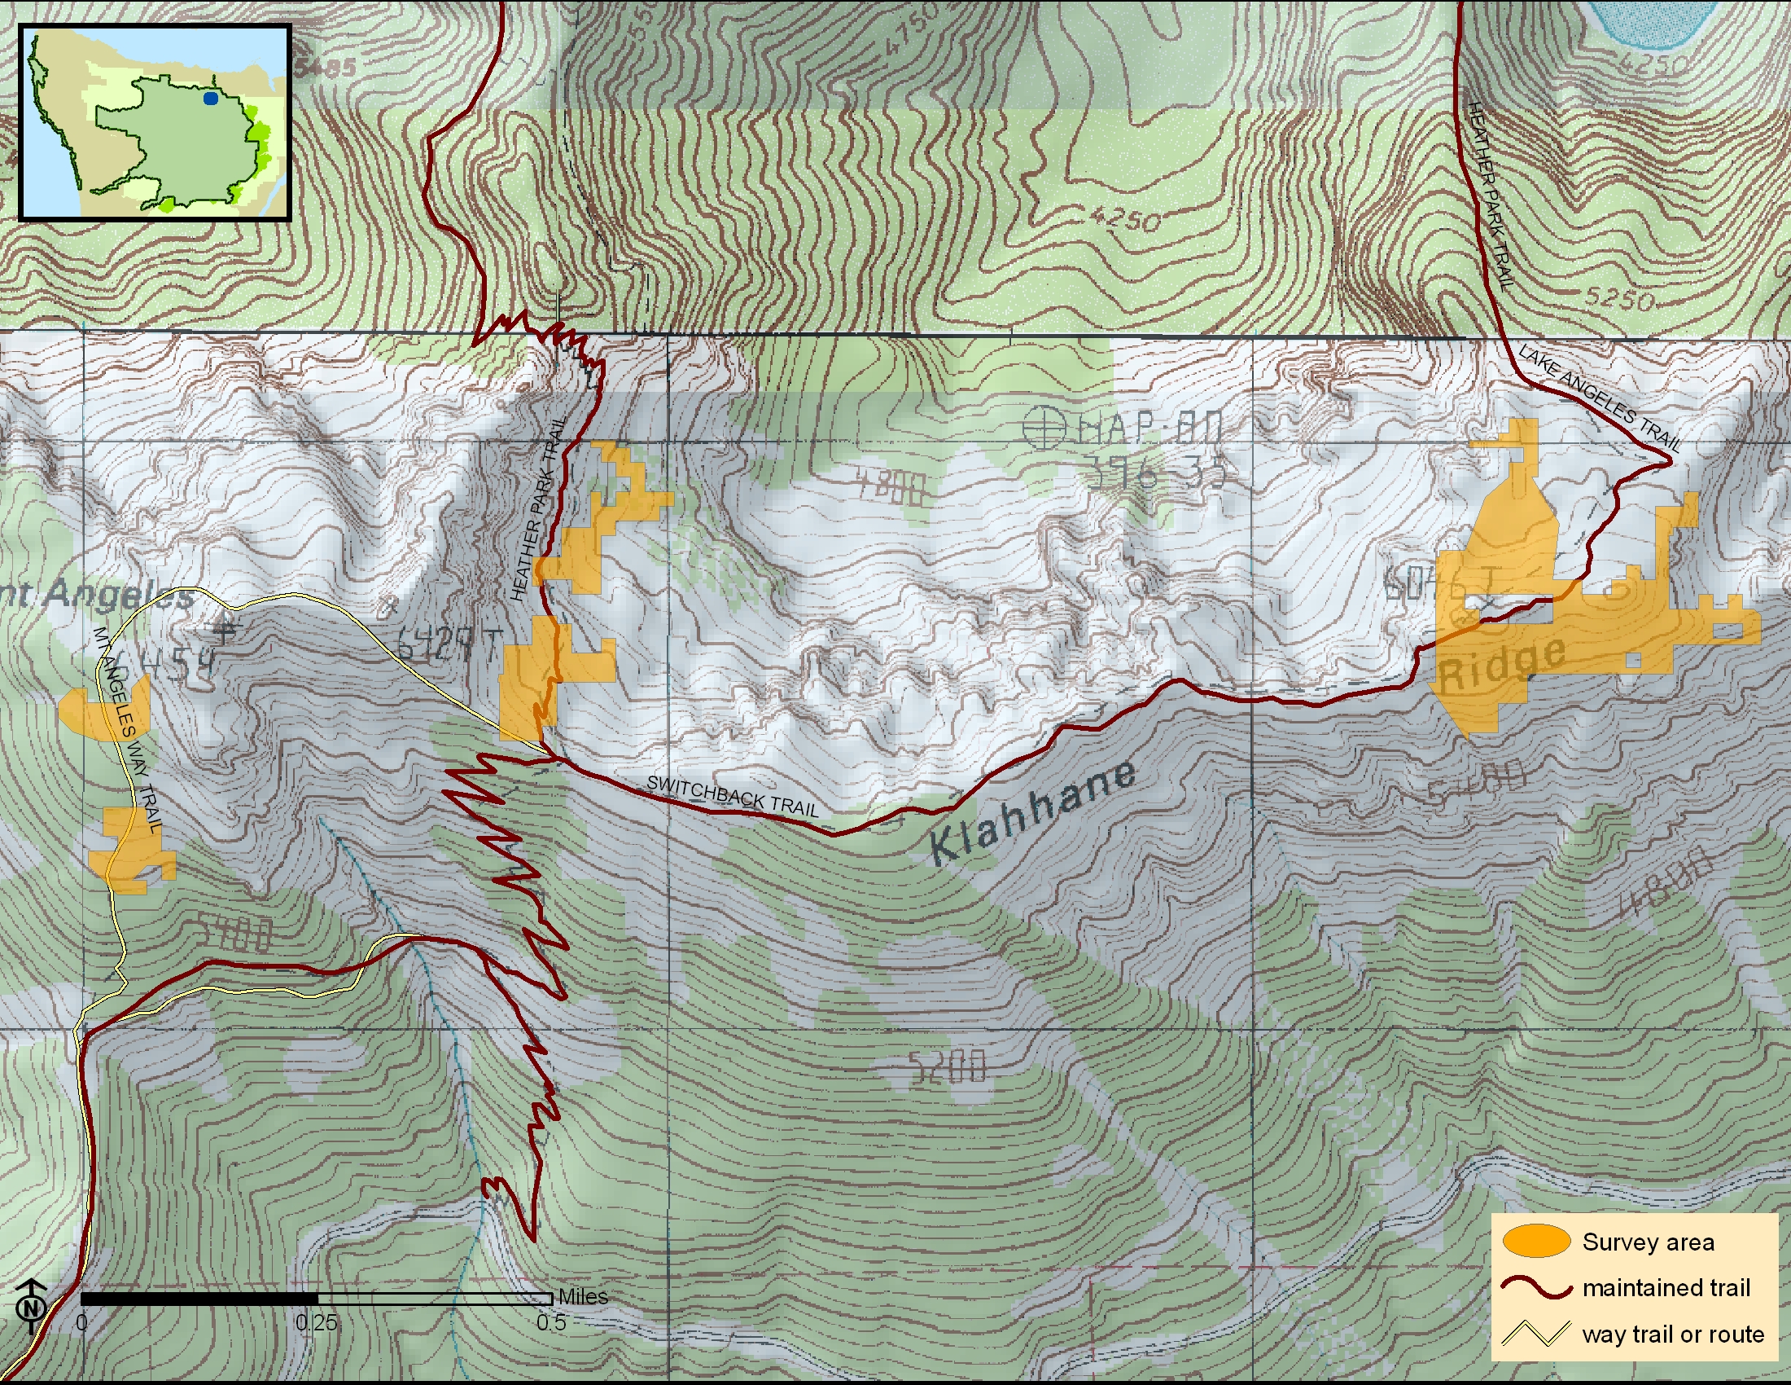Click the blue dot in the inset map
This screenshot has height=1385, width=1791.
211,99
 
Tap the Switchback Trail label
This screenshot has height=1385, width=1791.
733,795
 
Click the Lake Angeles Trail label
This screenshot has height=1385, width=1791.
1599,398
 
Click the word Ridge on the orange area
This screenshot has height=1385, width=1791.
1500,663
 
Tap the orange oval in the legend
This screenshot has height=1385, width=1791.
1536,1241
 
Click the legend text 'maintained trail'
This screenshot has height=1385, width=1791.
1666,1287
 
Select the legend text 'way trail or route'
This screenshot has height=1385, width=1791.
1672,1334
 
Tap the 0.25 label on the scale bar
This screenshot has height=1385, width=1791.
316,1322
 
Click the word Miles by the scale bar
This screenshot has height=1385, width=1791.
582,1296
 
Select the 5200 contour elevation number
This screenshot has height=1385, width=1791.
946,1067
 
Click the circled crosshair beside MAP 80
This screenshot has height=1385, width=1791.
1044,428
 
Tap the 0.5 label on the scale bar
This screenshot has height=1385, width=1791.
550,1322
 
